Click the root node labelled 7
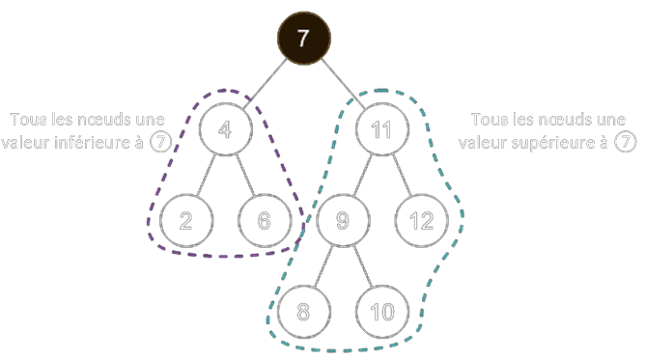(x=304, y=41)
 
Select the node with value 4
(x=225, y=130)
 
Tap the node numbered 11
(x=381, y=130)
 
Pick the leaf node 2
(x=186, y=221)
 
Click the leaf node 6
(x=264, y=221)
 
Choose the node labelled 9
(x=342, y=221)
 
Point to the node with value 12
(x=421, y=221)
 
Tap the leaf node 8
(x=303, y=312)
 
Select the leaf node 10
(x=381, y=312)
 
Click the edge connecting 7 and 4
(x=264, y=86)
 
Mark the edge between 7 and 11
(x=344, y=86)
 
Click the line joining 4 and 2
(x=206, y=176)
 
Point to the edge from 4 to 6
(x=244, y=176)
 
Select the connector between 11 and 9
(x=362, y=176)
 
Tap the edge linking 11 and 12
(x=401, y=176)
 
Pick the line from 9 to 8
(x=322, y=266)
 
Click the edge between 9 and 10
(x=361, y=266)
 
